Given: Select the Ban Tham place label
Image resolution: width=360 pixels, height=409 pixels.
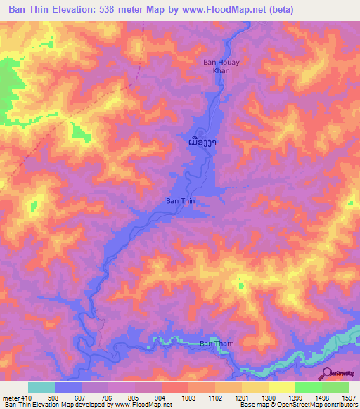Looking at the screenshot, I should pyautogui.click(x=215, y=344).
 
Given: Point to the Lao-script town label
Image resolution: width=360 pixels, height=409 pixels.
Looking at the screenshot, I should pyautogui.click(x=202, y=143).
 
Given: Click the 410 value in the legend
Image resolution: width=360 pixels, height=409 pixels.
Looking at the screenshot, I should pyautogui.click(x=20, y=398).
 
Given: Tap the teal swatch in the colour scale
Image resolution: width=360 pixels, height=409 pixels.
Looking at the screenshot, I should pyautogui.click(x=41, y=387).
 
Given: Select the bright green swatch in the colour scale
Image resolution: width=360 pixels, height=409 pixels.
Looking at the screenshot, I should pyautogui.click(x=308, y=387).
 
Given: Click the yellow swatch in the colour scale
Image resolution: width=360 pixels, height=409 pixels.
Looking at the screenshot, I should pyautogui.click(x=281, y=387).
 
